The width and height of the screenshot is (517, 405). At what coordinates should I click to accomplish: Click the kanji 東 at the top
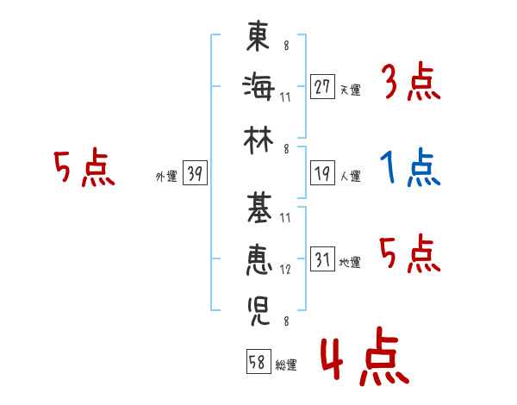pos(258,35)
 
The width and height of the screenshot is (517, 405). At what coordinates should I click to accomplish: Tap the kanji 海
pos(258,87)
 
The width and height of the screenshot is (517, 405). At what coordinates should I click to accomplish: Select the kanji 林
pos(258,140)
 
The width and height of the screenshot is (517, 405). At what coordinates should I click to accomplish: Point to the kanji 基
pos(259,209)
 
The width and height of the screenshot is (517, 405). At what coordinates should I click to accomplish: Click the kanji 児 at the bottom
pos(258,311)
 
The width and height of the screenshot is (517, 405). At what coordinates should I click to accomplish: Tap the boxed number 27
pos(322,87)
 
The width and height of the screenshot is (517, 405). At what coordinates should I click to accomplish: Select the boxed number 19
pos(322,173)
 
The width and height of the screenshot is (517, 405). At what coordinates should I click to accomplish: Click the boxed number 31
pos(322,259)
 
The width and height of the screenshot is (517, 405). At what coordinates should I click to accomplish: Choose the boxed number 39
pos(195,173)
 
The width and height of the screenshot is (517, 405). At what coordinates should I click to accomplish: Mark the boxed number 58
pos(258,361)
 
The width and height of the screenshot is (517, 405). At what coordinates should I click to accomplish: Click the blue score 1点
pos(410,167)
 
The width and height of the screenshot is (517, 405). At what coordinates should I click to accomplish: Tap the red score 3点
pos(412,82)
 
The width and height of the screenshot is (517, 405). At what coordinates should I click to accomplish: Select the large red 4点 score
pos(365,356)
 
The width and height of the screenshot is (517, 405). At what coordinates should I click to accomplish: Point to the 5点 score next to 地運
pos(410,253)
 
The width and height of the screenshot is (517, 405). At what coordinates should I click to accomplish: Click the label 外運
pos(166,177)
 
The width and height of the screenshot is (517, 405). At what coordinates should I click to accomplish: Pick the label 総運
pos(286,364)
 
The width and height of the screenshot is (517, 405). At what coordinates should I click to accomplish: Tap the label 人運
pos(351,176)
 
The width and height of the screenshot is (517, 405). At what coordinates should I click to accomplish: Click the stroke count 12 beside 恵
pos(285,270)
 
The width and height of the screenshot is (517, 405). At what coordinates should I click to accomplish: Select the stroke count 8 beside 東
pos(286,46)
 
